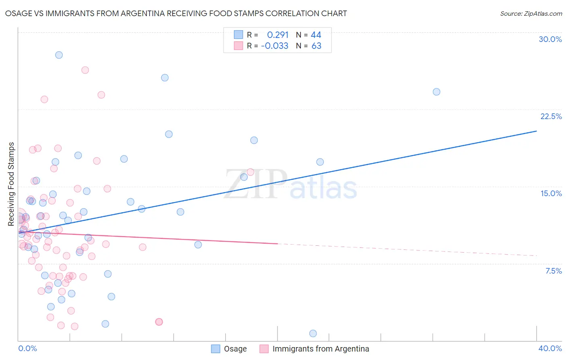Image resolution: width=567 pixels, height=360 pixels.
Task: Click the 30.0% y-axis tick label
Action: coord(550,39)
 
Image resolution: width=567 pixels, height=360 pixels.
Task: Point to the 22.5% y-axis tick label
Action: coord(551,116)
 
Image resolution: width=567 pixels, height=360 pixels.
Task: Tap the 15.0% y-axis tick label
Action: coord(551,193)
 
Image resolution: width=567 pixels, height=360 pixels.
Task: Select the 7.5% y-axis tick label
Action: coord(553,271)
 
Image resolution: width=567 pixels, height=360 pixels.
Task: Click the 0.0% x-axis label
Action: coord(27,348)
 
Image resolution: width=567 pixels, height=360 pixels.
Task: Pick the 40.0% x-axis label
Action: coord(550,348)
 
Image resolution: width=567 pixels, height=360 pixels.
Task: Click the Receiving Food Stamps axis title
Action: coord(11,184)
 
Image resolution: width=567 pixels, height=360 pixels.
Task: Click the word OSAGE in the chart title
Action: coord(17,13)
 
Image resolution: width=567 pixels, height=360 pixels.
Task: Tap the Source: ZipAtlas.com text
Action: coord(531,13)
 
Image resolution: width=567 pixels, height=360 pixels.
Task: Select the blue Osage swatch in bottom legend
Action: coord(216,349)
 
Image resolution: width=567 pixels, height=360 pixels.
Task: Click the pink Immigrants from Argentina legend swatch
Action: coord(264,349)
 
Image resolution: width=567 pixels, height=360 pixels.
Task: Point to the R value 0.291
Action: coord(278,35)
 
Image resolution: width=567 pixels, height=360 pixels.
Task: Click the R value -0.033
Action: coord(275,46)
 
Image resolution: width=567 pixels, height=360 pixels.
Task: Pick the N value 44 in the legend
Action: coord(316,35)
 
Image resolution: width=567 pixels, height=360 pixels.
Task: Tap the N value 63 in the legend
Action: coord(316,46)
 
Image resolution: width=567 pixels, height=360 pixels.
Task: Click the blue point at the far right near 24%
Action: coord(436,92)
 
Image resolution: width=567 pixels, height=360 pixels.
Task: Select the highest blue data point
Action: coord(59,55)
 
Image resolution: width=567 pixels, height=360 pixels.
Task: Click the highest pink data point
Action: coord(85,70)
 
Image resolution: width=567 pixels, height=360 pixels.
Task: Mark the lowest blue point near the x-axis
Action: coord(313,333)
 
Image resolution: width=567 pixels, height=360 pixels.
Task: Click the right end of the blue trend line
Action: coord(536,131)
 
